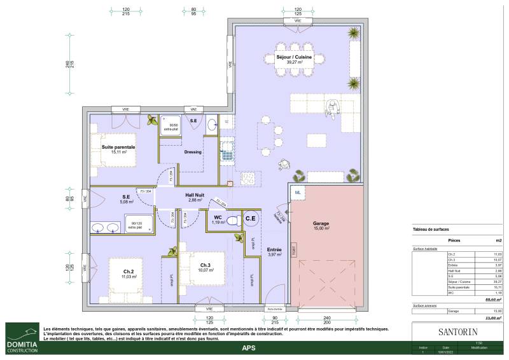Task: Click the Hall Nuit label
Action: [194, 197]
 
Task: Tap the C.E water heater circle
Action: [251, 219]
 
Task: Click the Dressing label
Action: [193, 152]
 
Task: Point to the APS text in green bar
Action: [249, 348]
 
